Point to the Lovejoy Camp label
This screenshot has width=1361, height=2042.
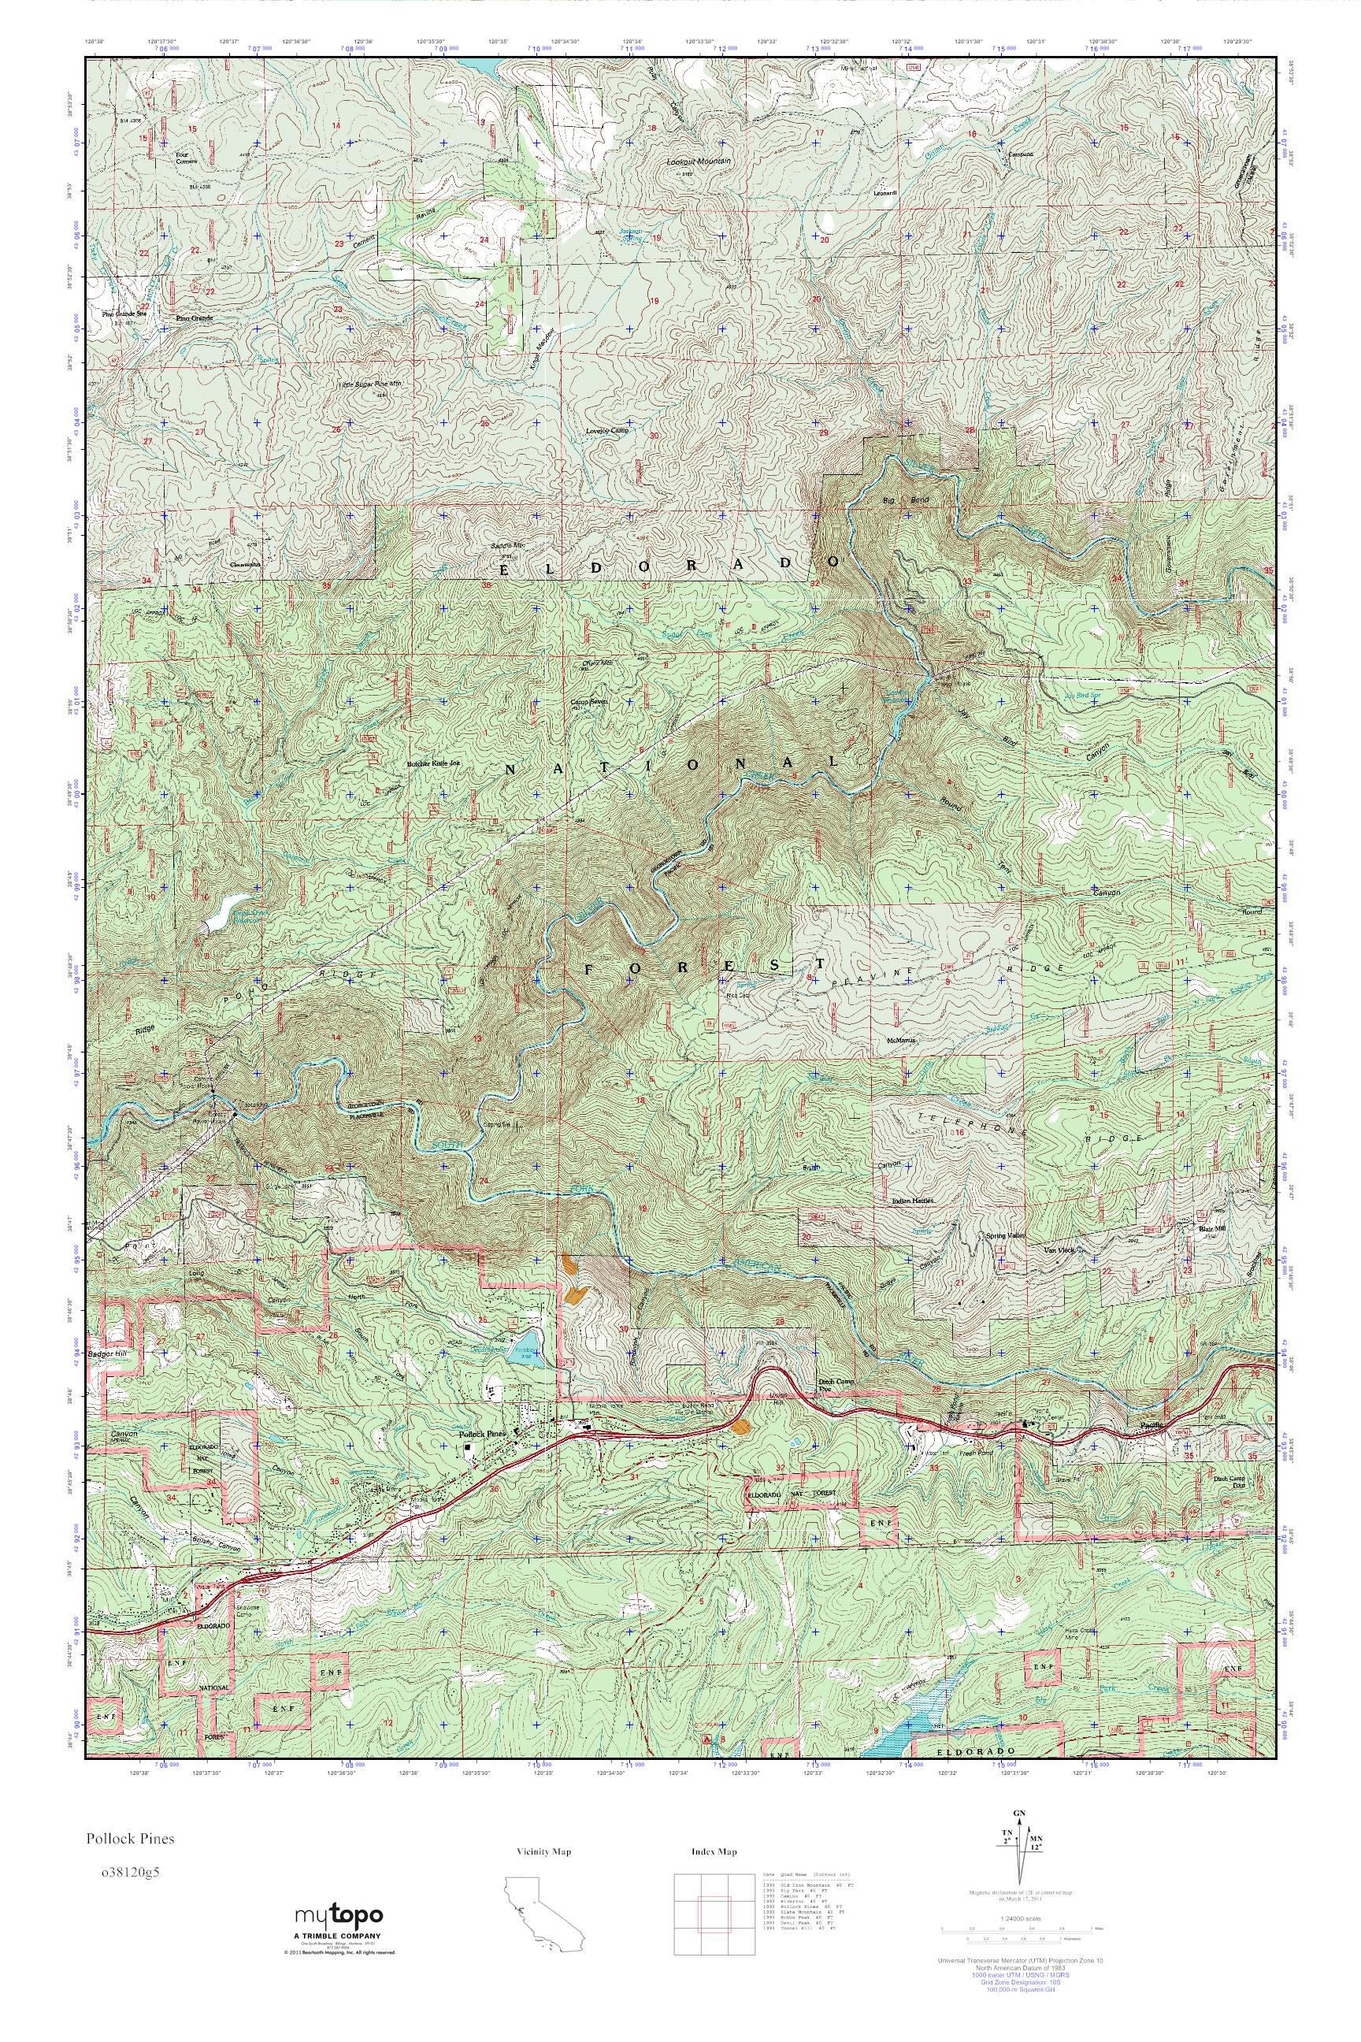pyautogui.click(x=606, y=431)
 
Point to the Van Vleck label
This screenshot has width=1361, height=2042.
pyautogui.click(x=1058, y=1250)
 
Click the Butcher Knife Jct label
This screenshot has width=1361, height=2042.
pyautogui.click(x=433, y=765)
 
